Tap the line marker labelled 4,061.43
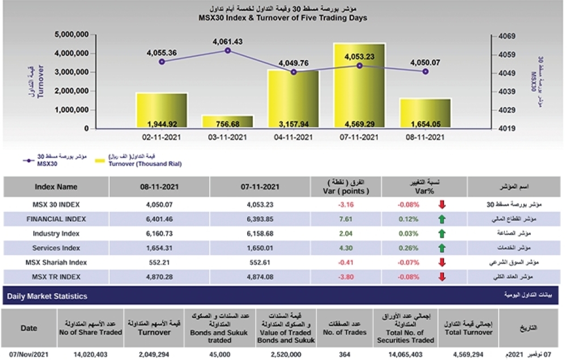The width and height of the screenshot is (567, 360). [228, 50]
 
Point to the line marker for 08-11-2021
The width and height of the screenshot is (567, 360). [425, 71]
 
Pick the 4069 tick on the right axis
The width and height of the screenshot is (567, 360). [507, 36]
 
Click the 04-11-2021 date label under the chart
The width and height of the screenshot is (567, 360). [293, 137]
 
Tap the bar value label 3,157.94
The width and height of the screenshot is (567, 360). [294, 124]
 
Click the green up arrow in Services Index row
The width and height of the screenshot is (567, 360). [442, 248]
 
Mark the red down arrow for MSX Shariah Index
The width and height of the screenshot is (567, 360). [442, 262]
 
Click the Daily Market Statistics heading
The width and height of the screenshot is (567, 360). [46, 296]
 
